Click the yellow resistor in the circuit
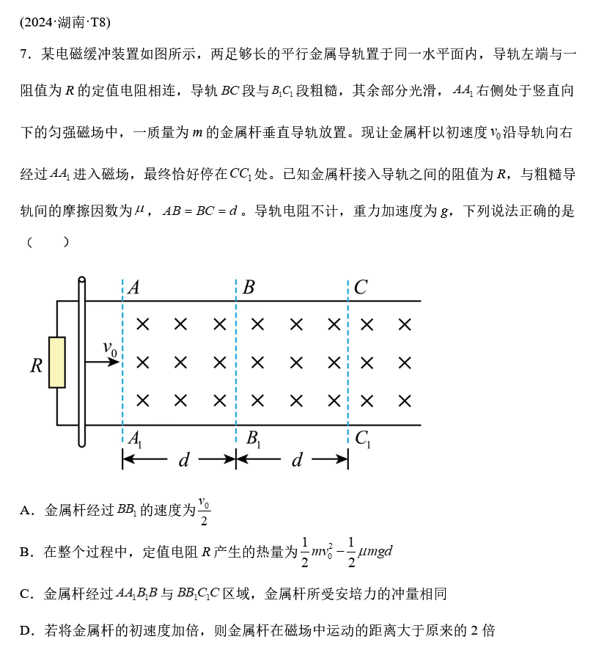tap(56, 362)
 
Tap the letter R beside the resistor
tap(36, 365)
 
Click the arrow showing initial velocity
tap(102, 362)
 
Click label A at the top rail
tap(133, 288)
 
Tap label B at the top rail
tap(249, 288)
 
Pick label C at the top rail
tap(360, 288)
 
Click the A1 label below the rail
tap(135, 439)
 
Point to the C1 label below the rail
tap(363, 439)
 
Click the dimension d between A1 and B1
tap(184, 460)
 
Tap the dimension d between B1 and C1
tap(297, 460)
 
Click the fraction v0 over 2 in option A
tap(204, 512)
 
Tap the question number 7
tap(24, 54)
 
